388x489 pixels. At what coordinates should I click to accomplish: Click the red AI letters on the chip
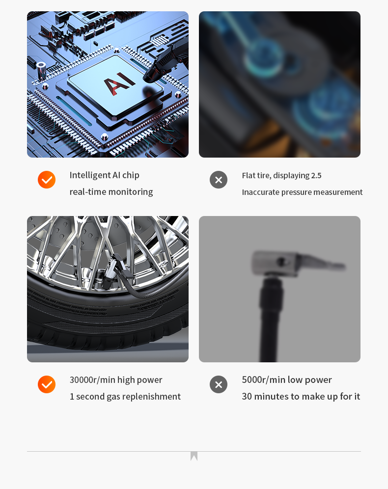pyautogui.click(x=119, y=82)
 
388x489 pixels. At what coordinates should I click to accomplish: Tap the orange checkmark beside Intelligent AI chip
pyautogui.click(x=47, y=180)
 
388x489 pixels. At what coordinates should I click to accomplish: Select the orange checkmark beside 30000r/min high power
pyautogui.click(x=47, y=384)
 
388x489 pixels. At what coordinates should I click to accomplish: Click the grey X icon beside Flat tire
pyautogui.click(x=219, y=180)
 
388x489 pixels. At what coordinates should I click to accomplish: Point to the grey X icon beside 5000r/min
pyautogui.click(x=219, y=384)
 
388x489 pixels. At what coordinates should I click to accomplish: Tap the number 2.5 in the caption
pyautogui.click(x=316, y=176)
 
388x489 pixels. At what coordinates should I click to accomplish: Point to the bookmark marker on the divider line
pyautogui.click(x=194, y=456)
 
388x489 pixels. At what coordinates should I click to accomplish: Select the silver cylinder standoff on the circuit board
pyautogui.click(x=41, y=71)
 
